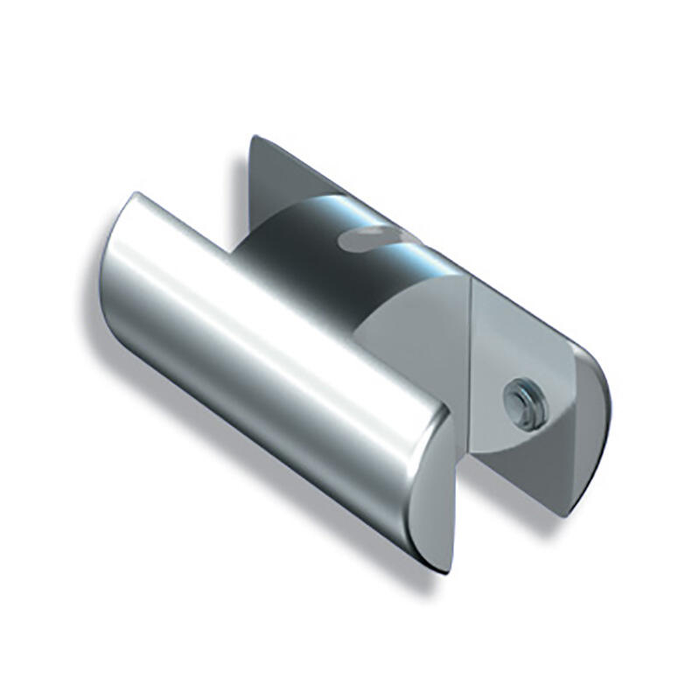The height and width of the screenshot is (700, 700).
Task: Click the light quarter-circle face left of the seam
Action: tap(429, 324)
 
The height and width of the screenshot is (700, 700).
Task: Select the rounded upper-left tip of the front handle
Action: tap(131, 210)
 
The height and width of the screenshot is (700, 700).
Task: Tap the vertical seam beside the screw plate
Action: tap(472, 367)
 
